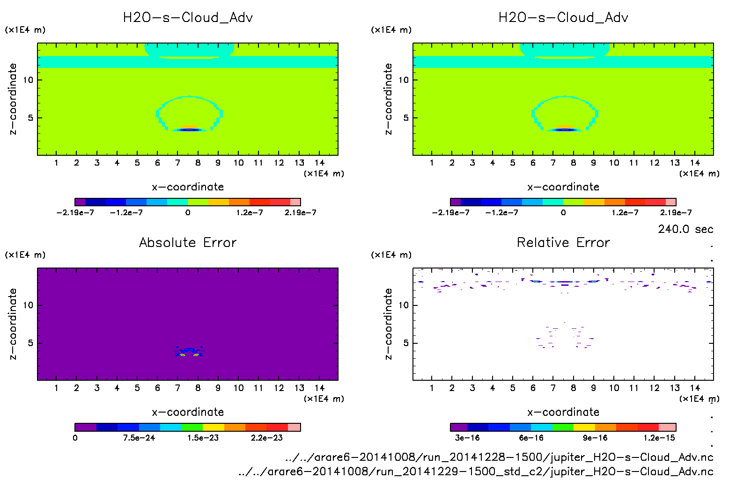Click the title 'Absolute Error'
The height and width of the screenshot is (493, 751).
pos(188,242)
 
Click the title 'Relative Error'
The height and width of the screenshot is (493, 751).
pos(563,242)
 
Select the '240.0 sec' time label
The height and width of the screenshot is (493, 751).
pos(685,229)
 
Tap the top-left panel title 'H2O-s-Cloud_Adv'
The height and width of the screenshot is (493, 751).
pos(188,18)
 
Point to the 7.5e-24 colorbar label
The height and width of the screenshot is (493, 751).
pos(139,438)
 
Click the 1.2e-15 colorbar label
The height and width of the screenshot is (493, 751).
pos(659,438)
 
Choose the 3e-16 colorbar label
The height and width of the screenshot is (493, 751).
pos(467,438)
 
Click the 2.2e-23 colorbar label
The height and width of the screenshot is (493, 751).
pos(266,438)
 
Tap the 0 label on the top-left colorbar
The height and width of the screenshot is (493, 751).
pos(188,212)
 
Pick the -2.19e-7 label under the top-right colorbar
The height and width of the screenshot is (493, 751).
pos(450,212)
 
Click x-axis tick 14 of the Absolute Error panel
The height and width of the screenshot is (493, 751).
pos(319,388)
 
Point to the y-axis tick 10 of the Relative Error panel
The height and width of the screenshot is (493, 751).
pos(404,305)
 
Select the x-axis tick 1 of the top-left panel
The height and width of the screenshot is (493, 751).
pos(56,163)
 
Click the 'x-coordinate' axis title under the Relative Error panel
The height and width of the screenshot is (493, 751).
pos(563,412)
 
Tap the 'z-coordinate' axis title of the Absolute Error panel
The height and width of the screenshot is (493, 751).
pos(13,324)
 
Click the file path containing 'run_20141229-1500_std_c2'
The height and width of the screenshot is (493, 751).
pos(476,471)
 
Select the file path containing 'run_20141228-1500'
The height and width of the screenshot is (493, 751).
pos(499,457)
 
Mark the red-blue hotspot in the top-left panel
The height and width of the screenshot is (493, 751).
pos(189,129)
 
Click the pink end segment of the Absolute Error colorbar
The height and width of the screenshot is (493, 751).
pos(294,427)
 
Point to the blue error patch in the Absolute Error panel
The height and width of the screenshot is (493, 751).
pos(189,350)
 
